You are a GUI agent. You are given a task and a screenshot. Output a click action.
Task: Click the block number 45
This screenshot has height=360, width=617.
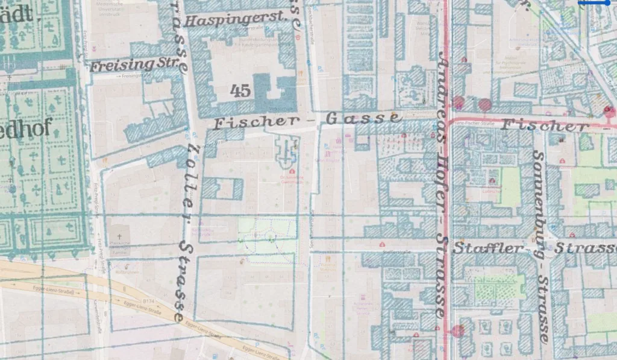coord(240,91)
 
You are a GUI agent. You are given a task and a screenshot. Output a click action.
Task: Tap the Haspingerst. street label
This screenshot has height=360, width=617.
coord(234,20)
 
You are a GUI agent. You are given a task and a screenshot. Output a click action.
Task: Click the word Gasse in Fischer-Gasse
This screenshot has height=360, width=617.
coord(363,118)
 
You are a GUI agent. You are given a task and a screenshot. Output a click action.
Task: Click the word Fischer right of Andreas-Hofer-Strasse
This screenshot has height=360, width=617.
coord(545,125)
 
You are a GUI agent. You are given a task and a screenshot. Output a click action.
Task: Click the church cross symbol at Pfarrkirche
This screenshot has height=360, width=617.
coord(119,236)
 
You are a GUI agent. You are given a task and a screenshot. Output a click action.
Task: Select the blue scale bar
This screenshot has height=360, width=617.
coord(597,3)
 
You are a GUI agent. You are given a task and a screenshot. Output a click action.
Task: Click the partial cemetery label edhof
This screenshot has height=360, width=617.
coord(27,128)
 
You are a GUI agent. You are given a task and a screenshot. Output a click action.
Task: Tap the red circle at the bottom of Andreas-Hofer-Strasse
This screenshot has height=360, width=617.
coord(458,330)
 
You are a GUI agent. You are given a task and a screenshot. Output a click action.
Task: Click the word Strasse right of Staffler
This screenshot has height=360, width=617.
coord(585,248)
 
